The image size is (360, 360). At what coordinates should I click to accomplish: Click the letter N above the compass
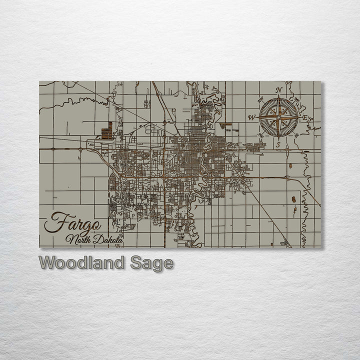pos(279,90)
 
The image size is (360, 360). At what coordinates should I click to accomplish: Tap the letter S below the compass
pos(278,144)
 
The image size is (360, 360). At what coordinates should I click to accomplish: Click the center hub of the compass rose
pos(278,117)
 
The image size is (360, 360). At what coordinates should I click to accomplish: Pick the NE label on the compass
pos(296,100)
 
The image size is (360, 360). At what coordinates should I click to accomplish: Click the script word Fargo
pos(72,222)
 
